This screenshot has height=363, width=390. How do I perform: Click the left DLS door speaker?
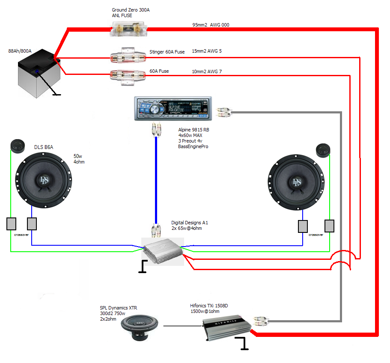43,176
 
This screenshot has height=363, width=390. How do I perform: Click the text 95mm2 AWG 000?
211,25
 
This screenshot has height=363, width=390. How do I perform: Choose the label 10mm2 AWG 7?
207,71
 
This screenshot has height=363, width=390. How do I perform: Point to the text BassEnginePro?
194,147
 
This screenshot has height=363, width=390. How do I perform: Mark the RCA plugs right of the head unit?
225,112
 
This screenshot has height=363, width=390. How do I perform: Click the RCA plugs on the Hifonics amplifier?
261,321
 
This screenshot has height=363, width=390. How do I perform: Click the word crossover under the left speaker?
22,235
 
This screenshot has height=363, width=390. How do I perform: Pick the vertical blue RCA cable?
156,180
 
